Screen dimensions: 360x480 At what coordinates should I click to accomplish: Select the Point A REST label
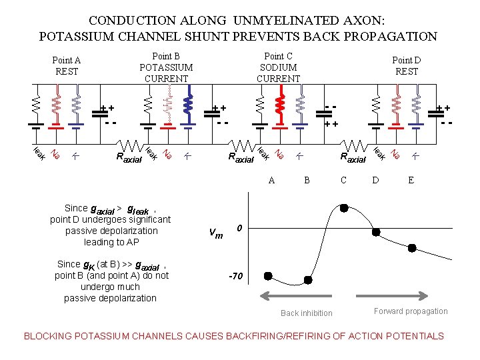tap(67, 66)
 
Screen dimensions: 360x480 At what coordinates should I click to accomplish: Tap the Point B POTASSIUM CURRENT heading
tap(166, 67)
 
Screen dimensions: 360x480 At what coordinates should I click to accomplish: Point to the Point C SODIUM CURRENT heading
tap(278, 67)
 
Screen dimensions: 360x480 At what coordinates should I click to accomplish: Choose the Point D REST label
tap(406, 66)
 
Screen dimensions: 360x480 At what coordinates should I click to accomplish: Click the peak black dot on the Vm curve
tap(344, 208)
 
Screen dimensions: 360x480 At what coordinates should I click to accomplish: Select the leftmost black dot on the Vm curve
tap(268, 275)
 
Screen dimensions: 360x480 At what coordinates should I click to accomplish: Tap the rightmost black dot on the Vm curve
tap(412, 248)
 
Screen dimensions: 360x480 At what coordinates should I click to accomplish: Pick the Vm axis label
tap(216, 233)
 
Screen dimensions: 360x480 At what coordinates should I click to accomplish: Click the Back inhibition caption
tap(306, 313)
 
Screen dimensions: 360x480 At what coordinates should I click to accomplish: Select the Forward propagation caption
tap(411, 311)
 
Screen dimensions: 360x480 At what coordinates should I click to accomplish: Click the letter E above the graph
tap(411, 179)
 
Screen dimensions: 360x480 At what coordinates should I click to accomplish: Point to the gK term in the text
tap(87, 265)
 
